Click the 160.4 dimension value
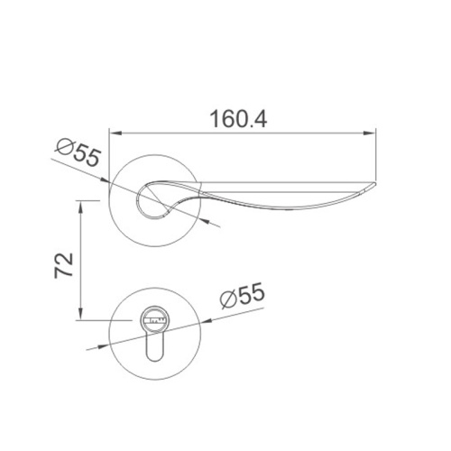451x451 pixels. tap(238, 119)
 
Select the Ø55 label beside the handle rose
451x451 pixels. tap(78, 152)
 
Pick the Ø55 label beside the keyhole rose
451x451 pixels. tap(243, 295)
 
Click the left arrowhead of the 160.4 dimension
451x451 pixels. tap(115, 133)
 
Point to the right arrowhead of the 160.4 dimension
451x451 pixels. tap(370, 133)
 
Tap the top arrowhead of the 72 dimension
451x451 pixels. tap(80, 207)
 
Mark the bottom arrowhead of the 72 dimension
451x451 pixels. tap(80, 314)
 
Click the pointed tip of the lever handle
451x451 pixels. tap(375, 183)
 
